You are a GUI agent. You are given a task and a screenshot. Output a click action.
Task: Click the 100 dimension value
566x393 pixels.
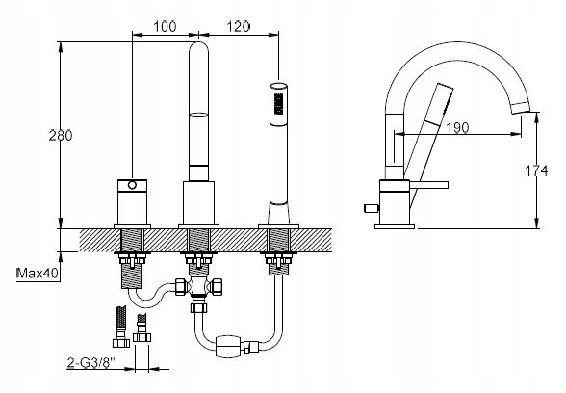point(165,26)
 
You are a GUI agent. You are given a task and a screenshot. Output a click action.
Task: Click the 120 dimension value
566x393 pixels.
point(239,26)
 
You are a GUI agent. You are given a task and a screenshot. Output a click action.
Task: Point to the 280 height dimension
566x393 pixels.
point(61,135)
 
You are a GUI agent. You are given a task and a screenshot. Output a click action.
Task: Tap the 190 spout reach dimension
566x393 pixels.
point(457,127)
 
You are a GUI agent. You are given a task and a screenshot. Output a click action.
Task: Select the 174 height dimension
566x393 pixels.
point(536,170)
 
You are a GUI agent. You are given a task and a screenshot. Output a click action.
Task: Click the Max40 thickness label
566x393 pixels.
point(38,274)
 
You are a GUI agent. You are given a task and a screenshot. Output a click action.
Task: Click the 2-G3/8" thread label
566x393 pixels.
point(90,362)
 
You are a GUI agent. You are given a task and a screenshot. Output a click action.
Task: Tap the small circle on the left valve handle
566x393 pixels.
point(132,185)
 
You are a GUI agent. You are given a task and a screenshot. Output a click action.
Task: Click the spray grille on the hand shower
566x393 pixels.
point(278,104)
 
